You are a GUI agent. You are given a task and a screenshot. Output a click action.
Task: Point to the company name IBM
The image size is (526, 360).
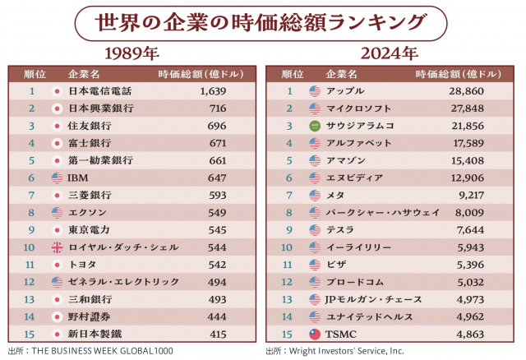pyautogui.click(x=77, y=178)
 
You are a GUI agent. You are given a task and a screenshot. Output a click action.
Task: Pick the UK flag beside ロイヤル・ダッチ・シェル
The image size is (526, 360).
pyautogui.click(x=57, y=247)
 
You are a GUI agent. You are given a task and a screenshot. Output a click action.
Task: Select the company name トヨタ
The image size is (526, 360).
pyautogui.click(x=83, y=265)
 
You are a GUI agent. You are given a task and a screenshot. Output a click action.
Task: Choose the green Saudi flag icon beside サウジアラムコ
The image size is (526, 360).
pyautogui.click(x=314, y=126)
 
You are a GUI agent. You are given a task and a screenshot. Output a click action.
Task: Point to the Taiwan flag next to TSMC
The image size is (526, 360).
pyautogui.click(x=314, y=334)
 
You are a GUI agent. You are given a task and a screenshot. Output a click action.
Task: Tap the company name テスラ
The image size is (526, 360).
pyautogui.click(x=341, y=230)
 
